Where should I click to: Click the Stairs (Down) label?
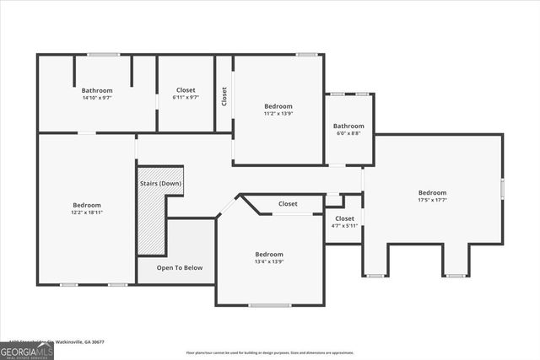[160, 183]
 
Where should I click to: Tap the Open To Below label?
[180, 268]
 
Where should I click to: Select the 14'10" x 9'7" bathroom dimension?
[97, 98]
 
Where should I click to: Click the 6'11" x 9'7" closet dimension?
[186, 98]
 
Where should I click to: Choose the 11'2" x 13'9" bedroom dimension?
[278, 113]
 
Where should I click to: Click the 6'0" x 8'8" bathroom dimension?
[348, 134]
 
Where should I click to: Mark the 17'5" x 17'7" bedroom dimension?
[433, 201]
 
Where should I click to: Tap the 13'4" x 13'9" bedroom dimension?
[269, 262]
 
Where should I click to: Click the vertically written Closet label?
[224, 97]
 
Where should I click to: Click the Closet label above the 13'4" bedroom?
[288, 204]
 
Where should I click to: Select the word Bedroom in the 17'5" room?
[433, 192]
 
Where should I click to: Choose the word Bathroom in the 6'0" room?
[348, 126]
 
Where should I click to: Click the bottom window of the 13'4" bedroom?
[270, 304]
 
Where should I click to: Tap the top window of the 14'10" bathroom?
[104, 56]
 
